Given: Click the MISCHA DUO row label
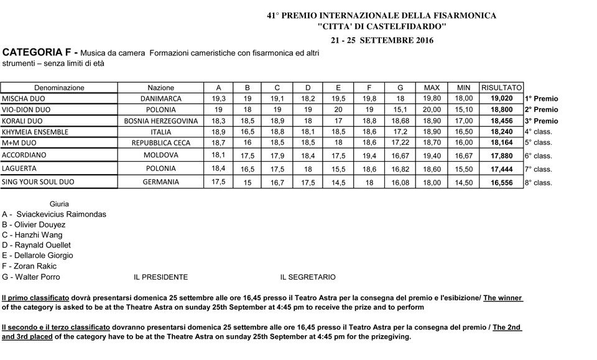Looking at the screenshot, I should [x=23, y=98].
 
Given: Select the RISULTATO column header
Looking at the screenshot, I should [x=501, y=87].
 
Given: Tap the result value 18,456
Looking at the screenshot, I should [x=502, y=121].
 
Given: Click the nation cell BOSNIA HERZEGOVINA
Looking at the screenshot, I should [x=161, y=121].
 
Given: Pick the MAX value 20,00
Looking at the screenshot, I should [x=432, y=109].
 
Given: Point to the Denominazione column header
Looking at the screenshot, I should [x=59, y=88].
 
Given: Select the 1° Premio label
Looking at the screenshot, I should [x=542, y=98].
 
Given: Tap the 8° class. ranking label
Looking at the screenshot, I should [x=539, y=183].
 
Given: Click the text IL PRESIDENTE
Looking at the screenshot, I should [x=160, y=277].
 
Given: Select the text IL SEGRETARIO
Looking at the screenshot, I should [x=307, y=277].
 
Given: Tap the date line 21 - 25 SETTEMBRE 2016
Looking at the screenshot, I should [x=382, y=40].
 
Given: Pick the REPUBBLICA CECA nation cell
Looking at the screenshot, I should [x=161, y=143].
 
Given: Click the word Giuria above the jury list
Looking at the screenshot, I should [x=59, y=203].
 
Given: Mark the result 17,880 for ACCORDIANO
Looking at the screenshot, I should [x=502, y=155].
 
